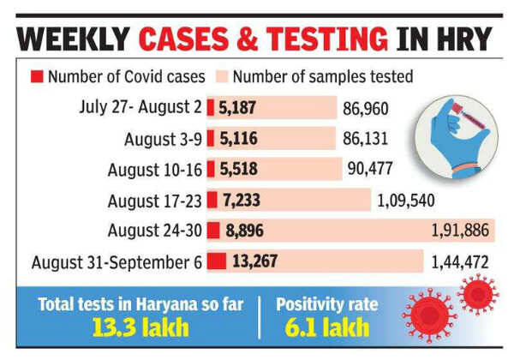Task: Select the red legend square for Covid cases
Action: point(36,76)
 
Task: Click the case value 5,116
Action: point(238,138)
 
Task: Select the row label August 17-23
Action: point(154,200)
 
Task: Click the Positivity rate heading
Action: point(326,303)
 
